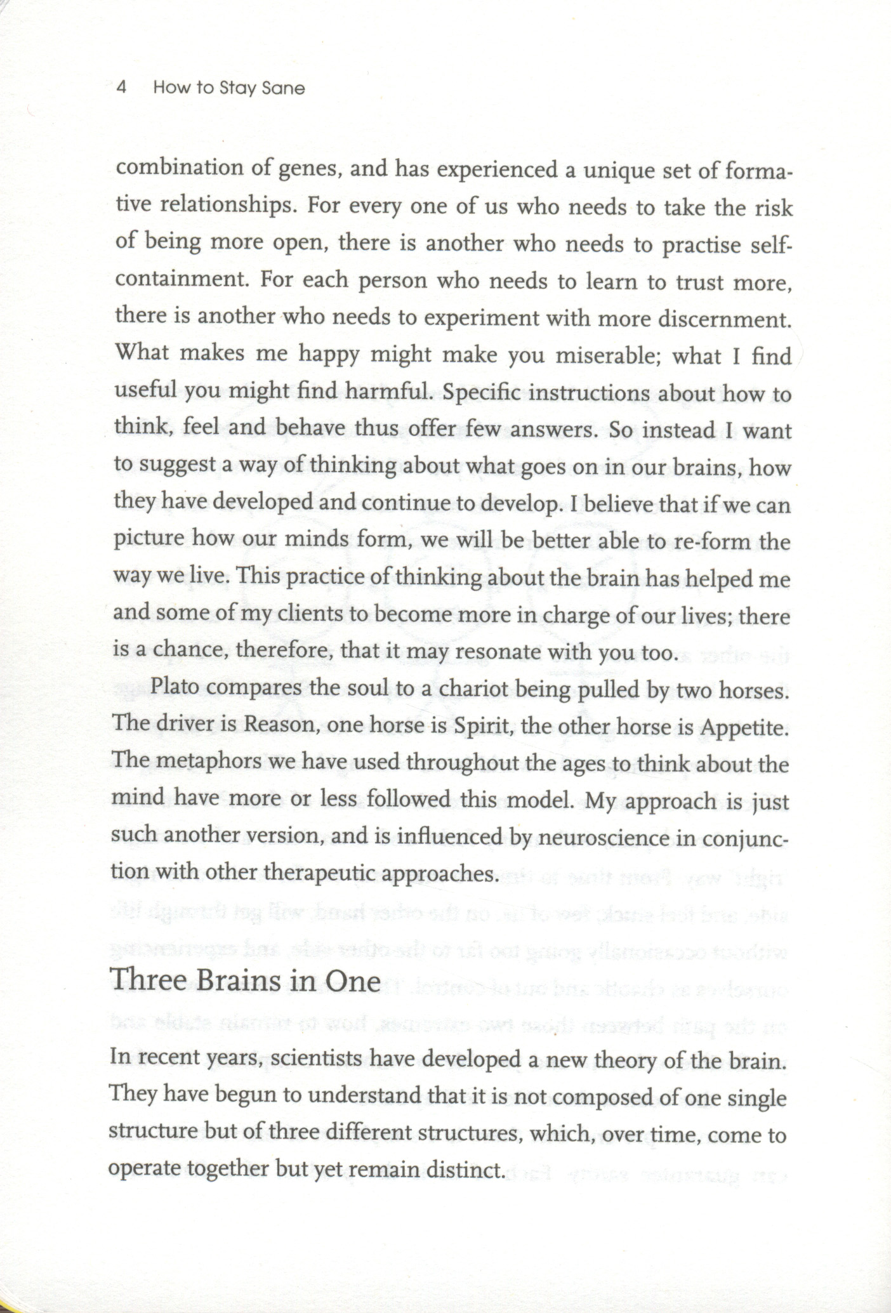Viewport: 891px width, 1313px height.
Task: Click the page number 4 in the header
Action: click(122, 87)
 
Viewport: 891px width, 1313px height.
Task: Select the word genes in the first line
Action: click(310, 169)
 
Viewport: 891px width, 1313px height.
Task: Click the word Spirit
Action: click(482, 726)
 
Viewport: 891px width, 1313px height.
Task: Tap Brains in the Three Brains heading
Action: click(239, 980)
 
